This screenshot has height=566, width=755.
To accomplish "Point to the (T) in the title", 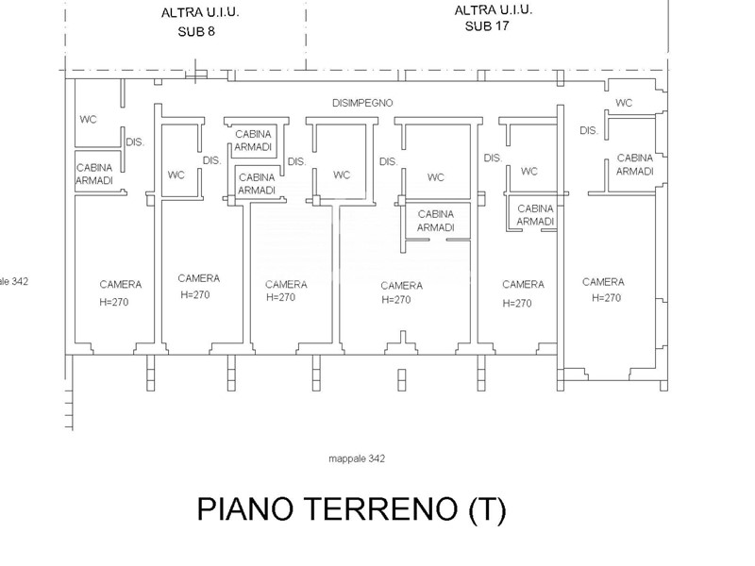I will [486, 510].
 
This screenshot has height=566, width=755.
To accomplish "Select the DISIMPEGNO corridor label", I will [362, 102].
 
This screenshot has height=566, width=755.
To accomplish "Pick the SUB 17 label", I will [492, 26].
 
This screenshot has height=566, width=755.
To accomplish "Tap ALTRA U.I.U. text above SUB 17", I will [494, 10].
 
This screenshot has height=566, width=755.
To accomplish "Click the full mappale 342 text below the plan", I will [356, 458].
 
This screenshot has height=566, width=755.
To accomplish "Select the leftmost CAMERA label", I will [121, 284].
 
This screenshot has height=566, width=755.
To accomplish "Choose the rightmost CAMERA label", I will [603, 281].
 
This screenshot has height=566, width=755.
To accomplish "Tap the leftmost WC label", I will [88, 119].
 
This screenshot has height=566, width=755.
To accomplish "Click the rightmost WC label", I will [624, 103].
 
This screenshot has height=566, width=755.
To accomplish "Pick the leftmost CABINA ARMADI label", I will [94, 174].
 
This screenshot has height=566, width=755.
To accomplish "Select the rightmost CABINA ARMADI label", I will [635, 164].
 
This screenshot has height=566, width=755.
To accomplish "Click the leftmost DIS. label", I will [135, 141].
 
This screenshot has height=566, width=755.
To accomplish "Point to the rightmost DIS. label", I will [589, 130].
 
